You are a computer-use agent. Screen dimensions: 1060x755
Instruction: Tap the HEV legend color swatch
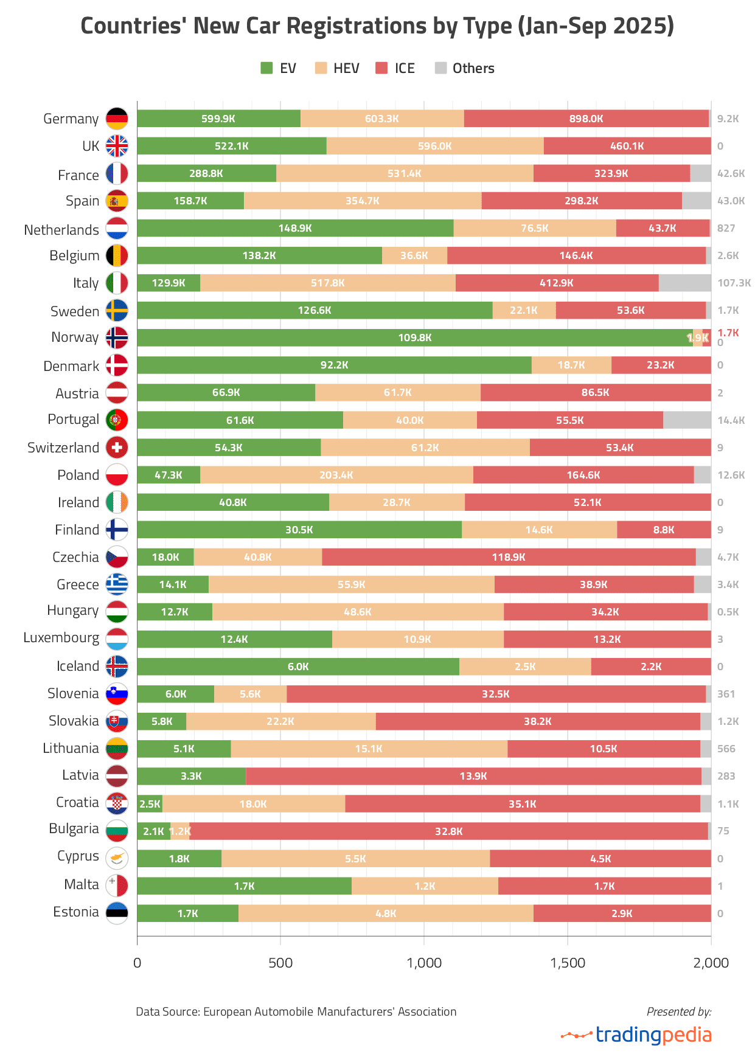pos(321,68)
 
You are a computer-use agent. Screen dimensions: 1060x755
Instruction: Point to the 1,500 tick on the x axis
pos(568,963)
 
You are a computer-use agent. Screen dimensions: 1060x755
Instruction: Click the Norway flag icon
pos(117,338)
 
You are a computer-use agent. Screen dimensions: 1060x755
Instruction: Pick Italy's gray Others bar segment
pos(684,283)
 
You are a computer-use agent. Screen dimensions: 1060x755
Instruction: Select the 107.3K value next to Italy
pos(734,283)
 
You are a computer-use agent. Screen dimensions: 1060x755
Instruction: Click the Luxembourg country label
pos(61,637)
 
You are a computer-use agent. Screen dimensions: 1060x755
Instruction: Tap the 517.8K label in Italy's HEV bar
pos(327,283)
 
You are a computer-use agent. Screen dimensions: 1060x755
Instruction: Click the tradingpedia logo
pos(636,1034)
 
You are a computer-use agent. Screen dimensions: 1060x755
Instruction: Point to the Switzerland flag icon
pos(117,448)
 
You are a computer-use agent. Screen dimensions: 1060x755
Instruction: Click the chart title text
pos(377,26)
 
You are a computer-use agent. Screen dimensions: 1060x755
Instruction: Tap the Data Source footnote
pos(296,1011)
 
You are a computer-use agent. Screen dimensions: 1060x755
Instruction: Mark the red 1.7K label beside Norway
pos(728,333)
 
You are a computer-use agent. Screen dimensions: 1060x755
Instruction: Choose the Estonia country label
pos(75,912)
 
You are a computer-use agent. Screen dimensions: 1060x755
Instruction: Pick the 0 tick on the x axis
pos(137,963)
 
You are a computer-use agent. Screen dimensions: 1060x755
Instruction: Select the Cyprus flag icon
pos(117,858)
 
